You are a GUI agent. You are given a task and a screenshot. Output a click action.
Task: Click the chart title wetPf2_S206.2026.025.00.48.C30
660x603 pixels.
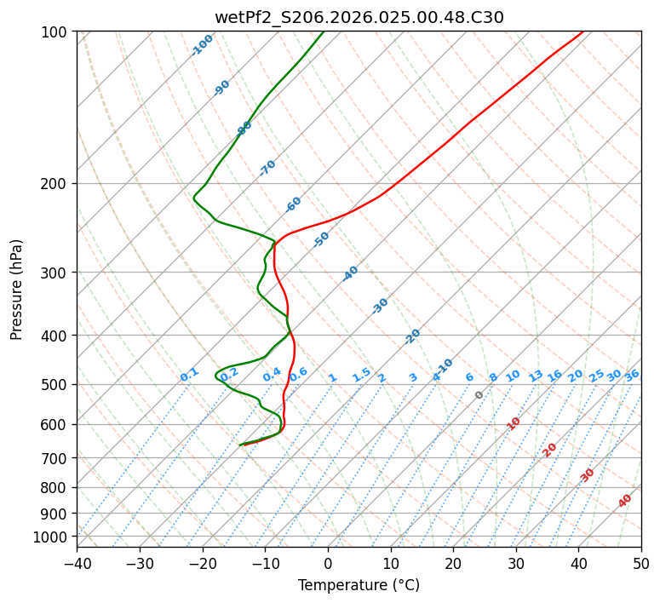359,16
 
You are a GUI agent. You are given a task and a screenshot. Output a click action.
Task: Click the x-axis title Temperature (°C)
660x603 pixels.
359,586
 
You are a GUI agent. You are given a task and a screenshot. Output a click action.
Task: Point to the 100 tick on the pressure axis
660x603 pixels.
57,32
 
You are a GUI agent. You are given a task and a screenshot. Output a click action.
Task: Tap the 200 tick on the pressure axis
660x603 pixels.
57,184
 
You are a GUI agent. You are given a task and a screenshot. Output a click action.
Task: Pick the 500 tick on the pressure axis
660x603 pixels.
57,385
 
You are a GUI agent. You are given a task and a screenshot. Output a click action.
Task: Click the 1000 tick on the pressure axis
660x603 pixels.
54,537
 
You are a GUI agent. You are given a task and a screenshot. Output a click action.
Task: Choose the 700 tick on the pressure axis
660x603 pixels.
57,458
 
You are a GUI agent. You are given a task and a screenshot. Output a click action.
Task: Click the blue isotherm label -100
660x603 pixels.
202,45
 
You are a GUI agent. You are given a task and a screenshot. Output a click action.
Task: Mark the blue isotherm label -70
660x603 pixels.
267,168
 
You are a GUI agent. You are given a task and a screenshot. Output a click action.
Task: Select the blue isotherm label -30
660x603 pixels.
380,306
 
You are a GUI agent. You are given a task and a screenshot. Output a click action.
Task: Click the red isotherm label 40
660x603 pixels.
625,501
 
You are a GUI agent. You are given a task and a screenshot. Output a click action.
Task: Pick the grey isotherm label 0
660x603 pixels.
479,395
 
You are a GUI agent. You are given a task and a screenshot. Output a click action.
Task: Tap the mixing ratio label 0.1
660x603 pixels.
189,375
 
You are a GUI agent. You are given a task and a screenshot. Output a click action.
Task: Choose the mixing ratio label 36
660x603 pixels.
632,375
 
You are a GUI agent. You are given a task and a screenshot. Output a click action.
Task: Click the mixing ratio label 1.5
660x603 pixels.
361,375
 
